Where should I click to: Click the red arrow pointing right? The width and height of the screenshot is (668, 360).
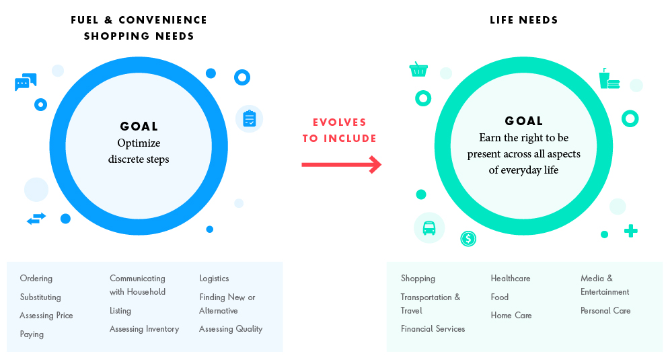341,164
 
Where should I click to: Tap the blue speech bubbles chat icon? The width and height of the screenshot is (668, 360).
26,82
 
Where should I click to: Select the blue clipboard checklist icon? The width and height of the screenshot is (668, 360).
249,118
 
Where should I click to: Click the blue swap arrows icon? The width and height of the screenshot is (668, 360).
36,219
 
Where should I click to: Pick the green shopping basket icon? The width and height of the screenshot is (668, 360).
418,69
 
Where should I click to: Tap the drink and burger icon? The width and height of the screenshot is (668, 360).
609,78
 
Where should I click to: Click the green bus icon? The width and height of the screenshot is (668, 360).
429,228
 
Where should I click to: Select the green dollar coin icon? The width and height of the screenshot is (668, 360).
468,239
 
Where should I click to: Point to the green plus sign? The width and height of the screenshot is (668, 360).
631,231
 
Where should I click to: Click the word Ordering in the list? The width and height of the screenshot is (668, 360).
36,279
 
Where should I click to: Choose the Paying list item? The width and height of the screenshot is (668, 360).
32,334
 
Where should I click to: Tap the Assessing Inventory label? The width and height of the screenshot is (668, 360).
145,329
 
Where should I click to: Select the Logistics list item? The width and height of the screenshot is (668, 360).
215,279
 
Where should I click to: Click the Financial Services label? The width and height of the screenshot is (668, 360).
433,329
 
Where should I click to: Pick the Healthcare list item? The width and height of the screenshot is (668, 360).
511,279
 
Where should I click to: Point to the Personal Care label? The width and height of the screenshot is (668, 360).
605,311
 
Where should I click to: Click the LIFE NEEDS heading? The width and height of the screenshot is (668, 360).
523,20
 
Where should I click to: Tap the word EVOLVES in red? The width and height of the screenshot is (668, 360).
340,122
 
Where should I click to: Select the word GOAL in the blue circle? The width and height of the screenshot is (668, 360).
139,126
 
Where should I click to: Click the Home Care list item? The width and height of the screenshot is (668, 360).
511,316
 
